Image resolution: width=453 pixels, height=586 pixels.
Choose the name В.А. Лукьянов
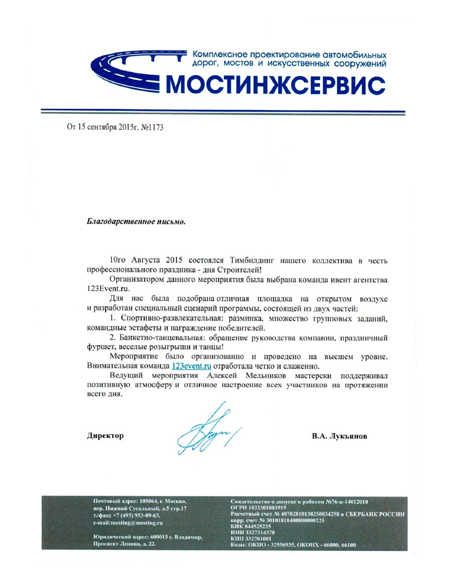339,436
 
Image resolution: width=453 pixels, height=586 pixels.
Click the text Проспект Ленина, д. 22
123,545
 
